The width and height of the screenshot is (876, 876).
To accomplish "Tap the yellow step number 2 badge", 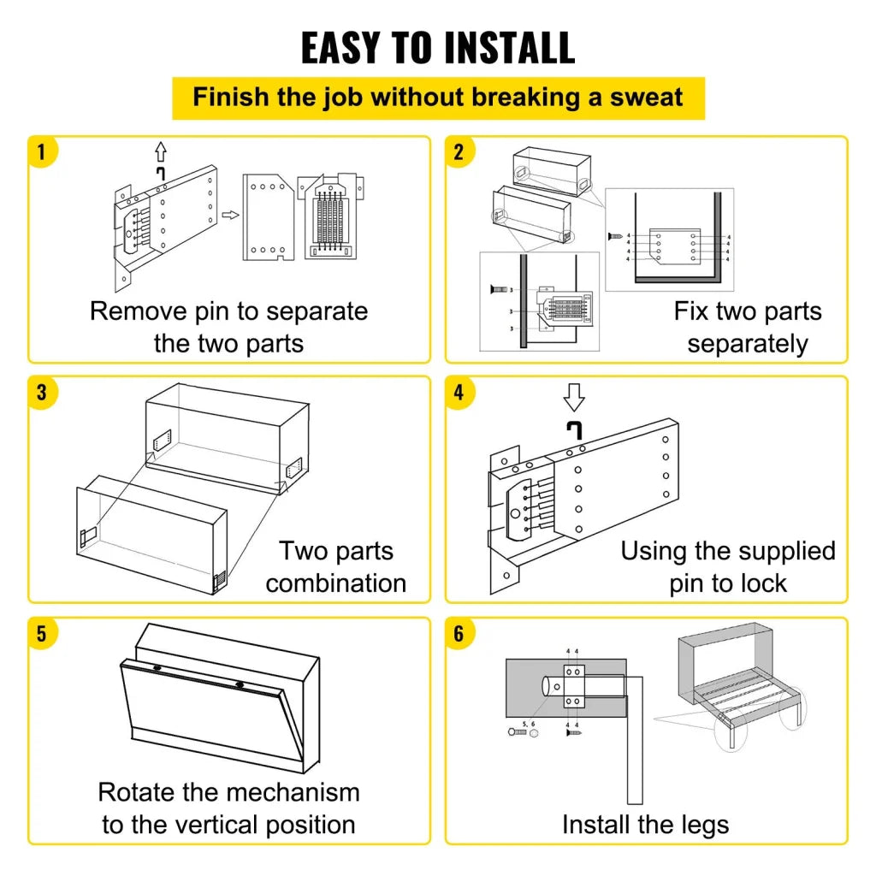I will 459,152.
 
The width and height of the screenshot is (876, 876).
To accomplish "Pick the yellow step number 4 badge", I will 459,394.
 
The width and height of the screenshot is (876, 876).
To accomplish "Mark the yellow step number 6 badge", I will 459,634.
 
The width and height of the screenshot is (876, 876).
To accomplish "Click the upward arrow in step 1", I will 160,152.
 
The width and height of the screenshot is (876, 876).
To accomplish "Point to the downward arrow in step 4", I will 574,397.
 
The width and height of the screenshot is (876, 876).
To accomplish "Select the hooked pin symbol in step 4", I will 573,428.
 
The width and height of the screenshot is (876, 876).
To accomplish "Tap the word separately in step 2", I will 747,344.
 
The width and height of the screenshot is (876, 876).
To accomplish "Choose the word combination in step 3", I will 335,583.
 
